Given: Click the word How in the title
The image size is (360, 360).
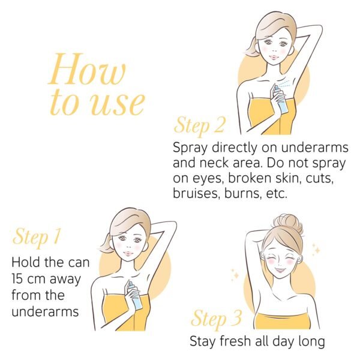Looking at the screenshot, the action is click(87, 69).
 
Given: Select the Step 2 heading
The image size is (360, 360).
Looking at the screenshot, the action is click(199, 126).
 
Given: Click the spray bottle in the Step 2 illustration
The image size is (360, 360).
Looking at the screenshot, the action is click(281, 99).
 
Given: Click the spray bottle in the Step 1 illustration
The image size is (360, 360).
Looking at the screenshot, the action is click(136, 296).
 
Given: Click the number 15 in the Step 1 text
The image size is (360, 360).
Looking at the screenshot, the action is click(17, 278).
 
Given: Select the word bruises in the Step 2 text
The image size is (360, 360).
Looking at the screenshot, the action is click(197, 193).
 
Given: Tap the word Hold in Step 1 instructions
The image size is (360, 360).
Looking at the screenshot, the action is click(26, 262).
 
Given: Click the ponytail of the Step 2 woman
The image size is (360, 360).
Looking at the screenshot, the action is click(251, 47).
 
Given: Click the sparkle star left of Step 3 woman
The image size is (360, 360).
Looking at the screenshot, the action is click(235, 274).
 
